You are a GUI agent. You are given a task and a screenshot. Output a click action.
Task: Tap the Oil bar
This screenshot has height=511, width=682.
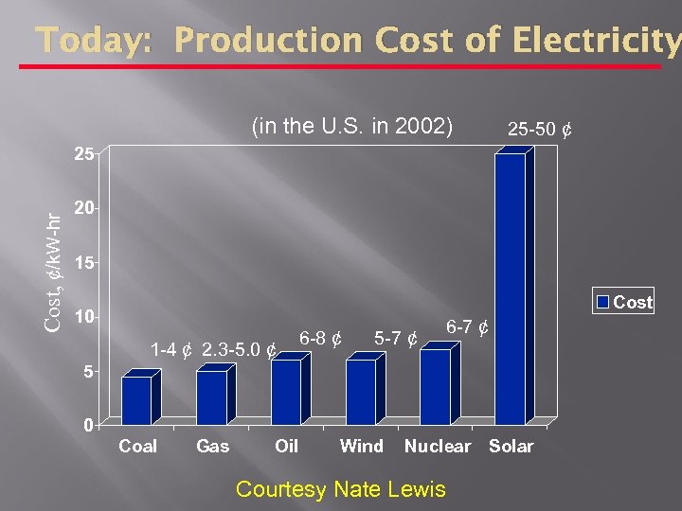[285, 391]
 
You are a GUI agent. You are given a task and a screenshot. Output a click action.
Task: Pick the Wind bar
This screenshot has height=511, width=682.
[360, 391]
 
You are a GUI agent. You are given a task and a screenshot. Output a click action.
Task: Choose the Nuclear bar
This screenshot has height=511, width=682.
[435, 386]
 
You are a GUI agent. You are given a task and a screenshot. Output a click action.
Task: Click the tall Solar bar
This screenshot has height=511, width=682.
[510, 289]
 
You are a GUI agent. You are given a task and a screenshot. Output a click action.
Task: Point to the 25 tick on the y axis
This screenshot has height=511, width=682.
[84, 154]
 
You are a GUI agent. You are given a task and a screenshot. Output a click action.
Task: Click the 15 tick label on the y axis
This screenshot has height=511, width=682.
[84, 263]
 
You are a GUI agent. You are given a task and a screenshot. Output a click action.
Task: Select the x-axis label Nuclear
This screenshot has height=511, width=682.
[437, 447]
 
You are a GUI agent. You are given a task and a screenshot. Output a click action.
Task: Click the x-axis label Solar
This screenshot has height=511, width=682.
[511, 447]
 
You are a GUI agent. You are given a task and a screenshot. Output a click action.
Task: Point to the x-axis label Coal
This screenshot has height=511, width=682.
[138, 447]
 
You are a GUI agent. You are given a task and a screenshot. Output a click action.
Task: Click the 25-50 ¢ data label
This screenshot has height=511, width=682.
[539, 128]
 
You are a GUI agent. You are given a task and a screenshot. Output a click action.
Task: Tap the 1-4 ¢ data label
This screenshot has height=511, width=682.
[172, 350]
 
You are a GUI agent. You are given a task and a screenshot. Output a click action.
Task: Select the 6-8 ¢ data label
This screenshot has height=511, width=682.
[320, 337]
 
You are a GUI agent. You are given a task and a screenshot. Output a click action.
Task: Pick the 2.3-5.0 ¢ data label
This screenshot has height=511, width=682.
[240, 350]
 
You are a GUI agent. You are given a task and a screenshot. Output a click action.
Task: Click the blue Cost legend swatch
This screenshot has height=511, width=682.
[602, 302]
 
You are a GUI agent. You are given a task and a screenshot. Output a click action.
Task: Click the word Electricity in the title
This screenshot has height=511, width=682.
[600, 42]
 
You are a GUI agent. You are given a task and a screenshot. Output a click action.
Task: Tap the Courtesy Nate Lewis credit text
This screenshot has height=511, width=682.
[340, 489]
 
